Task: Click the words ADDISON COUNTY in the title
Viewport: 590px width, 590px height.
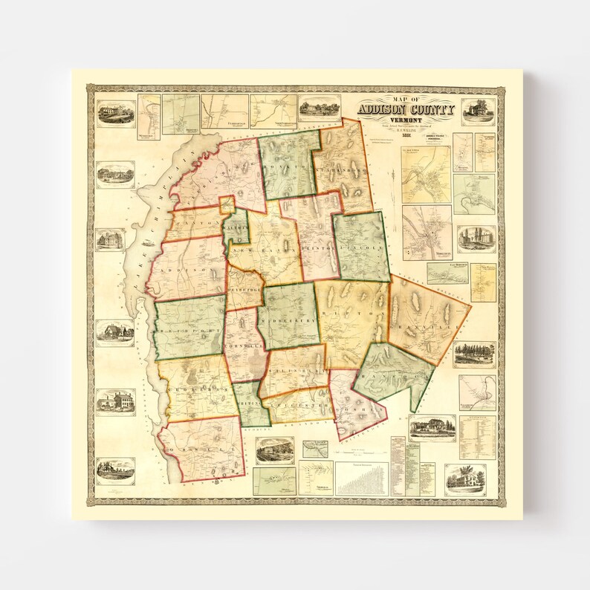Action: click(x=406, y=109)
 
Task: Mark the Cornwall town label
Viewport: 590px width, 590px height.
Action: click(x=244, y=346)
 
